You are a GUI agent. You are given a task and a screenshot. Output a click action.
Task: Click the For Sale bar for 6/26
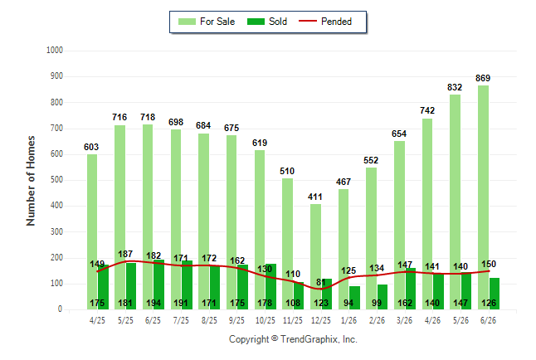(x=484, y=197)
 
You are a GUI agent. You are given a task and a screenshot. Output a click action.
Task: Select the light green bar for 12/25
(x=316, y=257)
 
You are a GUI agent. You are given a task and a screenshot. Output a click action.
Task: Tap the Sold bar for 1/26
(x=354, y=298)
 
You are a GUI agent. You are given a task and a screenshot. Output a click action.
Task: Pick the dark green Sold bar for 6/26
(x=495, y=294)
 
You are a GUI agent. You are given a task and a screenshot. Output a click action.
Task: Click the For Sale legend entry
(x=207, y=22)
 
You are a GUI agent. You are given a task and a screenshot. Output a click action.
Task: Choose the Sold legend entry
(x=267, y=22)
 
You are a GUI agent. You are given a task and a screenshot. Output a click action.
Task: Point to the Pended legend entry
(x=325, y=22)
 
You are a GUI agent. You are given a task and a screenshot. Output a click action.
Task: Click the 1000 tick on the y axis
(x=55, y=51)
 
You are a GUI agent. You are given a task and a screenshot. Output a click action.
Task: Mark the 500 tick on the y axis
(x=56, y=180)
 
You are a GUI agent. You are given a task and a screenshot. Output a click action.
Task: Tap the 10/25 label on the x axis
(x=266, y=320)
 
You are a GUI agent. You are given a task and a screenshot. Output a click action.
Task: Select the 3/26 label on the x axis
(x=404, y=320)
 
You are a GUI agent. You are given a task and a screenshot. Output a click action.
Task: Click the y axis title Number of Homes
(x=31, y=181)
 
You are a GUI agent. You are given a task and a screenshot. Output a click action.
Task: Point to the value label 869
(x=483, y=78)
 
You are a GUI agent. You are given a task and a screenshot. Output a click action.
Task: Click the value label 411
(x=314, y=197)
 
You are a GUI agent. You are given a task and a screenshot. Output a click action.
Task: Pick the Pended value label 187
(x=125, y=254)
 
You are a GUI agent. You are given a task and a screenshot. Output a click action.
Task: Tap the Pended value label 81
(x=321, y=282)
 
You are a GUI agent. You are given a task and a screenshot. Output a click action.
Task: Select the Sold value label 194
(x=153, y=303)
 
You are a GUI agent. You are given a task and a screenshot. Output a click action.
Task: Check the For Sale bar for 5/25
(x=119, y=217)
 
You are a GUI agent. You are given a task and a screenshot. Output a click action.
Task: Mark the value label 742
(x=427, y=110)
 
